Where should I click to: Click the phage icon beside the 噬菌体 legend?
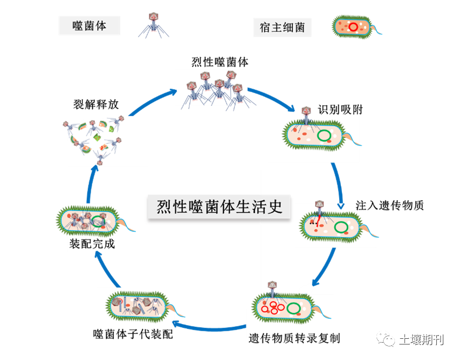click(x=153, y=23)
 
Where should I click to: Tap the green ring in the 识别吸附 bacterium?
click(x=326, y=136)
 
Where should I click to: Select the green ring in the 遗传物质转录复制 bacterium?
click(x=295, y=308)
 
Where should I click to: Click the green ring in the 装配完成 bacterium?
click(x=98, y=221)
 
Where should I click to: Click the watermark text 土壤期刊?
click(x=421, y=340)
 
